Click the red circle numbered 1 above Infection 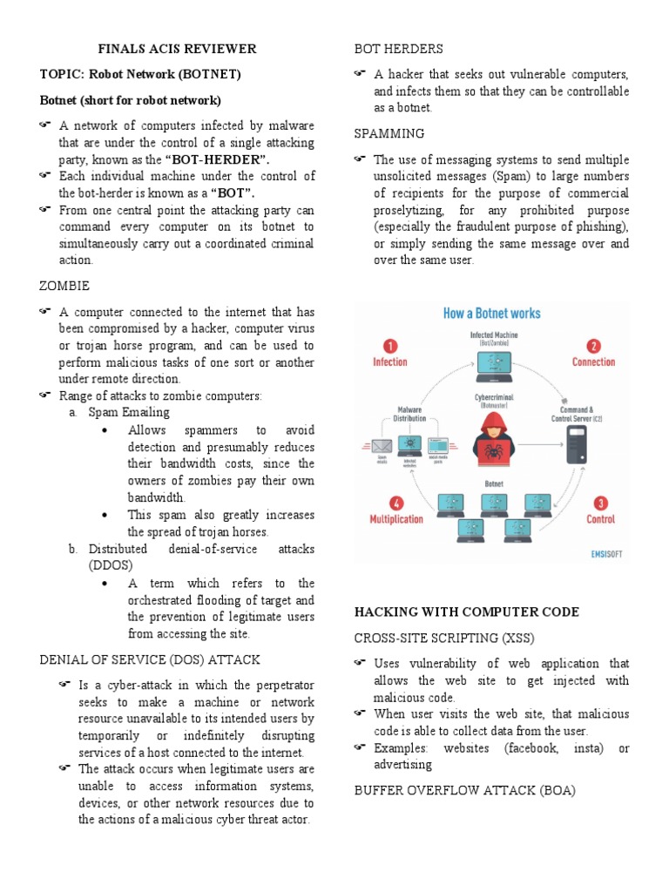click(390, 345)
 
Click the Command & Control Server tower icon click(577, 443)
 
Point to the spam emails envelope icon click(382, 445)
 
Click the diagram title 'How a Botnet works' click(492, 313)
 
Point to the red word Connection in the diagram click(593, 362)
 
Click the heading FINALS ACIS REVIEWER click(177, 49)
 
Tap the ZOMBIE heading click(64, 286)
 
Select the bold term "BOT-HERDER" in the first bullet click(218, 159)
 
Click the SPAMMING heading click(389, 133)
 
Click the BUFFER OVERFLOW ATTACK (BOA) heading click(464, 790)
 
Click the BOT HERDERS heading click(398, 49)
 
